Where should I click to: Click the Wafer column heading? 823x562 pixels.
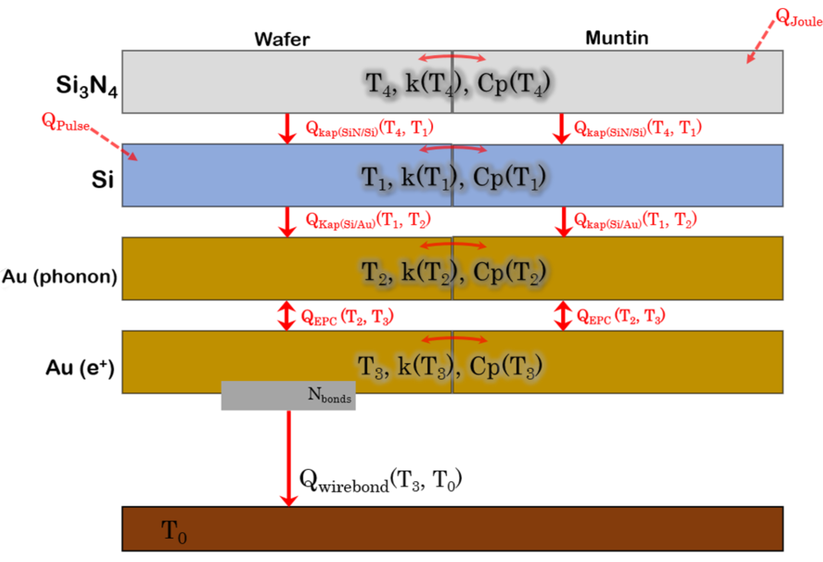[x=282, y=40]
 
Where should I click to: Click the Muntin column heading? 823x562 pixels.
[x=617, y=38]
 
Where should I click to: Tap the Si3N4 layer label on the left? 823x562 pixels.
[x=87, y=86]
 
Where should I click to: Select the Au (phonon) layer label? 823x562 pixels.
[x=60, y=276]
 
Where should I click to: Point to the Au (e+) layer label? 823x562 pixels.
[x=80, y=368]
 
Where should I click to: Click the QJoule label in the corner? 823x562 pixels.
[x=799, y=18]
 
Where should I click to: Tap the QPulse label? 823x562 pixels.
[x=65, y=123]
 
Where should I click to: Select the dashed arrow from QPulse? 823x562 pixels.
[x=114, y=144]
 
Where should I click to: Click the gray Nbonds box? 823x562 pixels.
[x=288, y=396]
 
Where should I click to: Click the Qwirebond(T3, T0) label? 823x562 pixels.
[x=380, y=481]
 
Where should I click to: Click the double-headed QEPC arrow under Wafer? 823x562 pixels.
[x=287, y=315]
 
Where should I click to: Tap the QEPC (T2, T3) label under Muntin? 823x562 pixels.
[x=620, y=316]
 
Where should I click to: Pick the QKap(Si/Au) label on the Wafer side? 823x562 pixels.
[x=368, y=220]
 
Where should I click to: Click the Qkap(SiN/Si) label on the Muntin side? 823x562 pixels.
[x=638, y=128]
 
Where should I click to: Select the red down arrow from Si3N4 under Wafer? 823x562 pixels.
[x=287, y=129]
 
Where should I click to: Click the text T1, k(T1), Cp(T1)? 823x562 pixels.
[x=453, y=178]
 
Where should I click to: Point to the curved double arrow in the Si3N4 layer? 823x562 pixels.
[x=452, y=57]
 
